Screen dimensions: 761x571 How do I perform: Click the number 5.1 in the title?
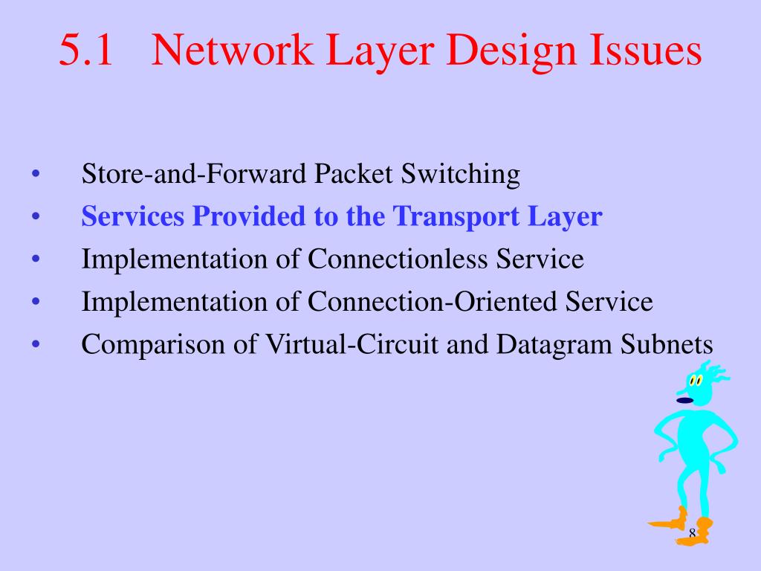click(85, 51)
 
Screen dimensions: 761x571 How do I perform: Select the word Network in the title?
click(233, 51)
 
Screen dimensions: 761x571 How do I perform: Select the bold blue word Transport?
click(456, 217)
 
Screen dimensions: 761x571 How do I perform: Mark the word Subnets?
click(667, 344)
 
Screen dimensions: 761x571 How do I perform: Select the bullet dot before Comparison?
click(36, 345)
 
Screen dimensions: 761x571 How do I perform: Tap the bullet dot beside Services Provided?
click(36, 218)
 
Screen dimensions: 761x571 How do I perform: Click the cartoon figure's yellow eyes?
click(696, 381)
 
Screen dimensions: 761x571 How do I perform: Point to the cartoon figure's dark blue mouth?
click(684, 401)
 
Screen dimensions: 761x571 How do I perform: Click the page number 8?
click(692, 533)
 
